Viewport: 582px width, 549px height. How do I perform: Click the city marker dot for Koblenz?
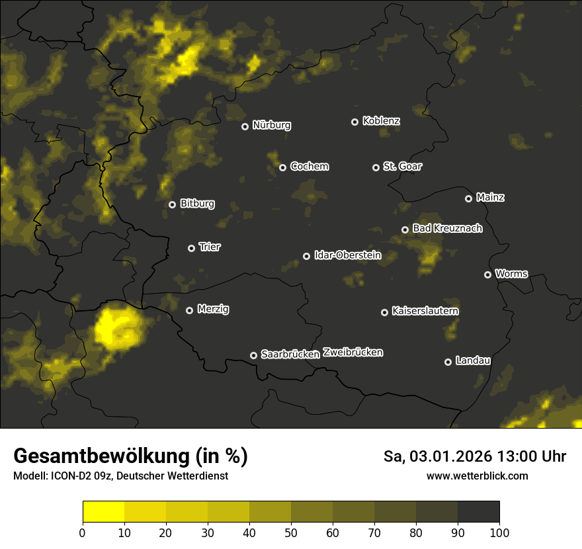(354, 122)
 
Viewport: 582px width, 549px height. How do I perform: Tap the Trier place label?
(210, 247)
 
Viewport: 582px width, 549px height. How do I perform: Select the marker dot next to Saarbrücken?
(253, 355)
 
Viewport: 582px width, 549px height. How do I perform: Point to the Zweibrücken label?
(353, 352)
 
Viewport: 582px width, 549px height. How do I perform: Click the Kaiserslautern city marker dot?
(384, 312)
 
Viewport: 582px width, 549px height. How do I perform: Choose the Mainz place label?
(490, 197)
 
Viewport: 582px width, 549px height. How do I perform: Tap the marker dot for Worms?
(487, 274)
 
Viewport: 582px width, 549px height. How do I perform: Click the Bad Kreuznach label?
(447, 228)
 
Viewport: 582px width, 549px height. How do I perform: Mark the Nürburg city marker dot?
(245, 126)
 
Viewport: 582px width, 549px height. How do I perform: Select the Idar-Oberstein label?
(347, 255)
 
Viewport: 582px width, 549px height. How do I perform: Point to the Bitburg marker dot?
(172, 204)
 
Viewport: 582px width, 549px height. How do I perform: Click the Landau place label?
(473, 360)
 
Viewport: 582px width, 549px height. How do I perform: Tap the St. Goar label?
(402, 166)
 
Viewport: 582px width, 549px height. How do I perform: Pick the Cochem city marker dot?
(282, 167)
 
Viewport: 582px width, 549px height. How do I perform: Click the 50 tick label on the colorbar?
(290, 532)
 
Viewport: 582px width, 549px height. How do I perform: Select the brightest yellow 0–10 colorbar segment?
(103, 511)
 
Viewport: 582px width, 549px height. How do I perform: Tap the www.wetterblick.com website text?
(477, 476)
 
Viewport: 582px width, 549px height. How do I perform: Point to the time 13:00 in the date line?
(498, 456)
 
